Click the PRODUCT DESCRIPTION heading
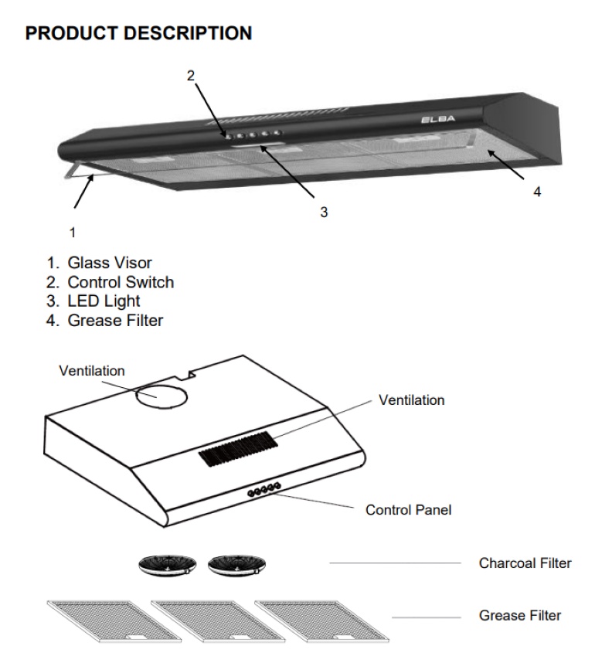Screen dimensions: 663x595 [139, 34]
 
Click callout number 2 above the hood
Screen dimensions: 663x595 [190, 75]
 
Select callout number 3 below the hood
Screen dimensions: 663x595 [324, 212]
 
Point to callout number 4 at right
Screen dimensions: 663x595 [537, 192]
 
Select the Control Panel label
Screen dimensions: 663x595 [408, 510]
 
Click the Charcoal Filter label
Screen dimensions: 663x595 [525, 563]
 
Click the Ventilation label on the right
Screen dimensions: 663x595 [411, 400]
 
